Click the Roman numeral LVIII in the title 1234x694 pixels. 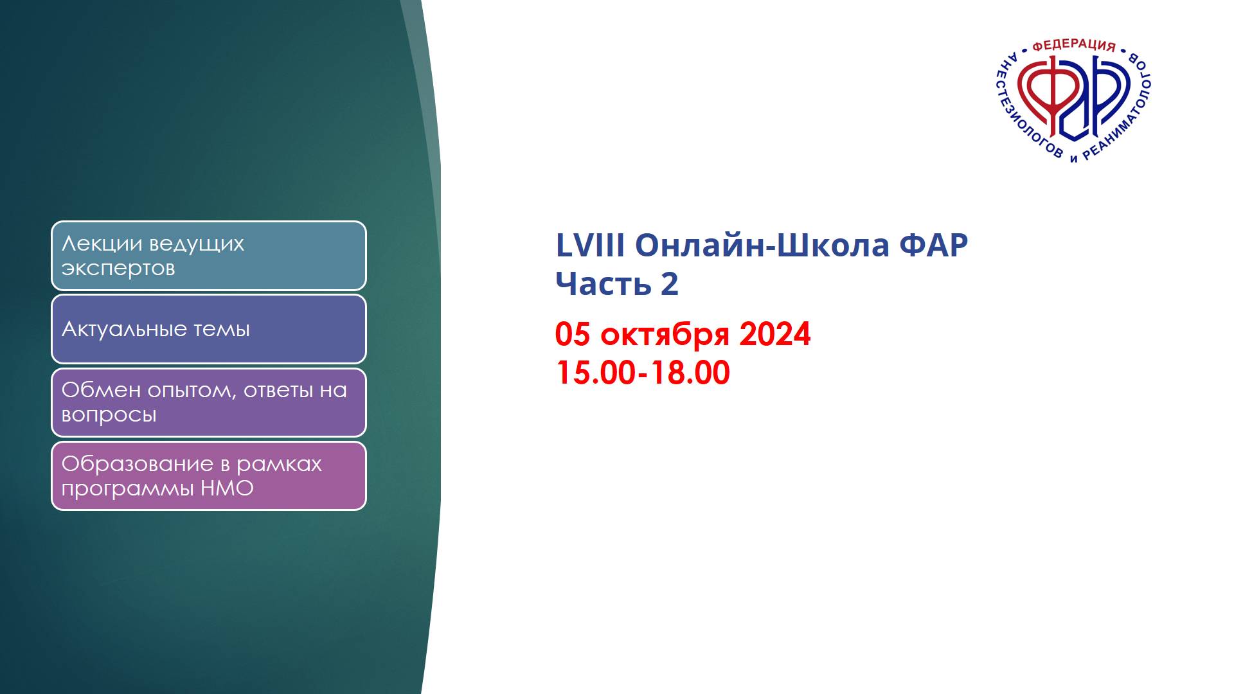[589, 245]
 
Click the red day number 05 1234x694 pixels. [572, 334]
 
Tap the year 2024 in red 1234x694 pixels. [775, 334]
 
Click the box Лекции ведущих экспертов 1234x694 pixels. [208, 256]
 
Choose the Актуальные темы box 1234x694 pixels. [208, 329]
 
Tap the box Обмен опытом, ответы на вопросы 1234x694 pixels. [208, 402]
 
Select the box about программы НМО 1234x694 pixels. [208, 476]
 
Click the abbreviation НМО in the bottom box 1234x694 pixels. [227, 488]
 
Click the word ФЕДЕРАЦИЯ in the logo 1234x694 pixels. [1073, 45]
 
